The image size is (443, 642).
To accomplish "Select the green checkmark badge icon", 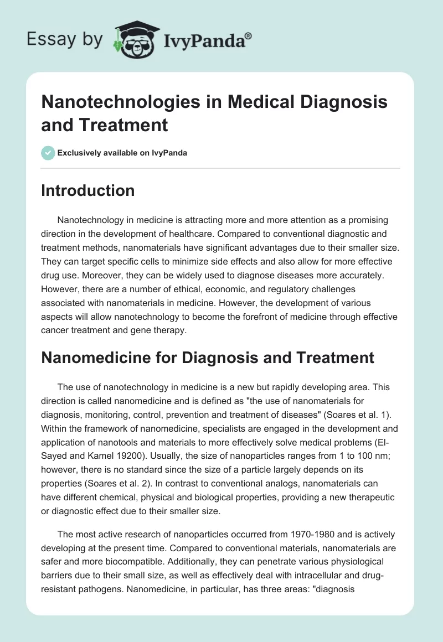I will pyautogui.click(x=48, y=153).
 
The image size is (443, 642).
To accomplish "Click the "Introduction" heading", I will pyautogui.click(x=88, y=191).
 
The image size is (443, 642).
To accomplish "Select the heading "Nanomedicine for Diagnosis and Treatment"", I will pyautogui.click(x=208, y=358).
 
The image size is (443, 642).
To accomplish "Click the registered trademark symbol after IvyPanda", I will pyautogui.click(x=249, y=35).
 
